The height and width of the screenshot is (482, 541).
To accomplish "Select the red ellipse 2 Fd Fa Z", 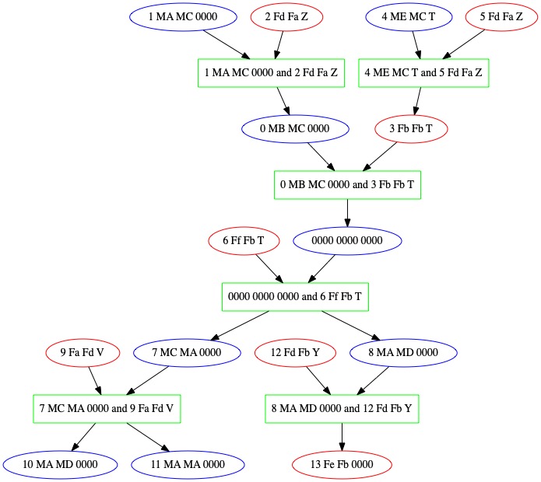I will coord(286,16).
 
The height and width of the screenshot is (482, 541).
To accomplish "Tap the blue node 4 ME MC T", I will coord(409,16).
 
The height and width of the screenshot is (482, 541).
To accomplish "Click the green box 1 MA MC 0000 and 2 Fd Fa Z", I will coord(270,72).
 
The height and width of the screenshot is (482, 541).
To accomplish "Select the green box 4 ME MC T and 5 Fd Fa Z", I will coord(423,72).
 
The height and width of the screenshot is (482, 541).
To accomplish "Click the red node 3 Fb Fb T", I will coord(411,128).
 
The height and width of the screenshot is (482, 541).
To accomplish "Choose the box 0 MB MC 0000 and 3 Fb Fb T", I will coord(347,185).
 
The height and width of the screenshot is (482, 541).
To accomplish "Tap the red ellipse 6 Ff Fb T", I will coord(244,241).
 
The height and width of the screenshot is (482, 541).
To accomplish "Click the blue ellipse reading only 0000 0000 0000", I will coord(347,241).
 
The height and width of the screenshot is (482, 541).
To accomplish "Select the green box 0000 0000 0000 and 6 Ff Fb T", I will coord(296,297).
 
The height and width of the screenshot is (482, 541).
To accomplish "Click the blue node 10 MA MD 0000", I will coord(60,465).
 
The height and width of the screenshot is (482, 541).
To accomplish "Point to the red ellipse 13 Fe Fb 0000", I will coord(342,465).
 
